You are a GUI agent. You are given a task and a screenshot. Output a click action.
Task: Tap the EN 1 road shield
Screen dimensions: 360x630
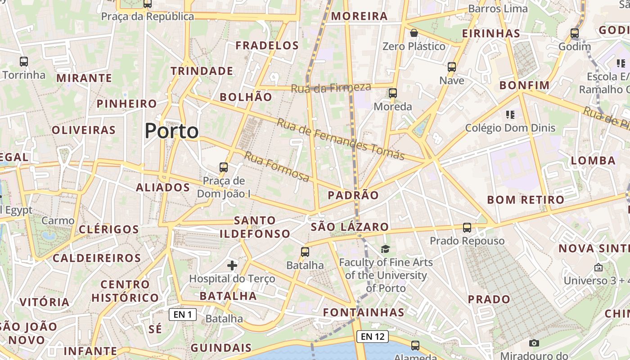click(183, 315)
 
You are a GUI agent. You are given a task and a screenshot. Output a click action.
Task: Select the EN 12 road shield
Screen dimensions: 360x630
click(373, 336)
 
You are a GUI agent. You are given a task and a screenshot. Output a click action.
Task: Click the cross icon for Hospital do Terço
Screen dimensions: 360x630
click(232, 265)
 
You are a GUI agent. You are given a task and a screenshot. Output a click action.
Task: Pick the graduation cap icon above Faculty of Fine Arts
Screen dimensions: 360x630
click(385, 249)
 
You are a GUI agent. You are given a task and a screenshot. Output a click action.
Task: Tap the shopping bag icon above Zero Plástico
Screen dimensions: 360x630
click(414, 33)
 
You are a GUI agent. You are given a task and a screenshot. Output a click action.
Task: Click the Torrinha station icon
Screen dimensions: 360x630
click(24, 62)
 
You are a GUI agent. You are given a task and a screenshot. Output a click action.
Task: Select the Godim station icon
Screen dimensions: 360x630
click(574, 33)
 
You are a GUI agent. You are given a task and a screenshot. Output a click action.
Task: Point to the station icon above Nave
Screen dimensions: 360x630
click(452, 67)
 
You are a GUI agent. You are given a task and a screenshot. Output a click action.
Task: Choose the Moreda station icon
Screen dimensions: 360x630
click(393, 93)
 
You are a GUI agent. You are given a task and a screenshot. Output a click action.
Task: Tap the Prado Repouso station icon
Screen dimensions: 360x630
click(467, 228)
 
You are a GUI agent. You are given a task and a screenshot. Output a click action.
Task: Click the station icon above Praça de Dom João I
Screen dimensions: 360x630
click(224, 167)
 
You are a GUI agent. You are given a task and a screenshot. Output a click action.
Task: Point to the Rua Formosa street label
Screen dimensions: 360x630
click(277, 167)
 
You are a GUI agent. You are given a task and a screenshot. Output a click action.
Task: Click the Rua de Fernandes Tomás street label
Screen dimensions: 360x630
click(341, 139)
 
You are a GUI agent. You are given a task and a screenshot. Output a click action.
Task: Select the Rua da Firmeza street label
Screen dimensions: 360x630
click(331, 88)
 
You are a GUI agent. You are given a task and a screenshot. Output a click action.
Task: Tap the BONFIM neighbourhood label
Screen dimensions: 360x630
click(525, 85)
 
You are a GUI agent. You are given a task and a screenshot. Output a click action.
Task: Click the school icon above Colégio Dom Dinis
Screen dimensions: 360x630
click(510, 115)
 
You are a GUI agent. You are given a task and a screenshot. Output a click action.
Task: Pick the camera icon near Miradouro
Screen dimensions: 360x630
click(534, 343)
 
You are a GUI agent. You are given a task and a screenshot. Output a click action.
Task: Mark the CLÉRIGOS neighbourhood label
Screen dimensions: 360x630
click(109, 229)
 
